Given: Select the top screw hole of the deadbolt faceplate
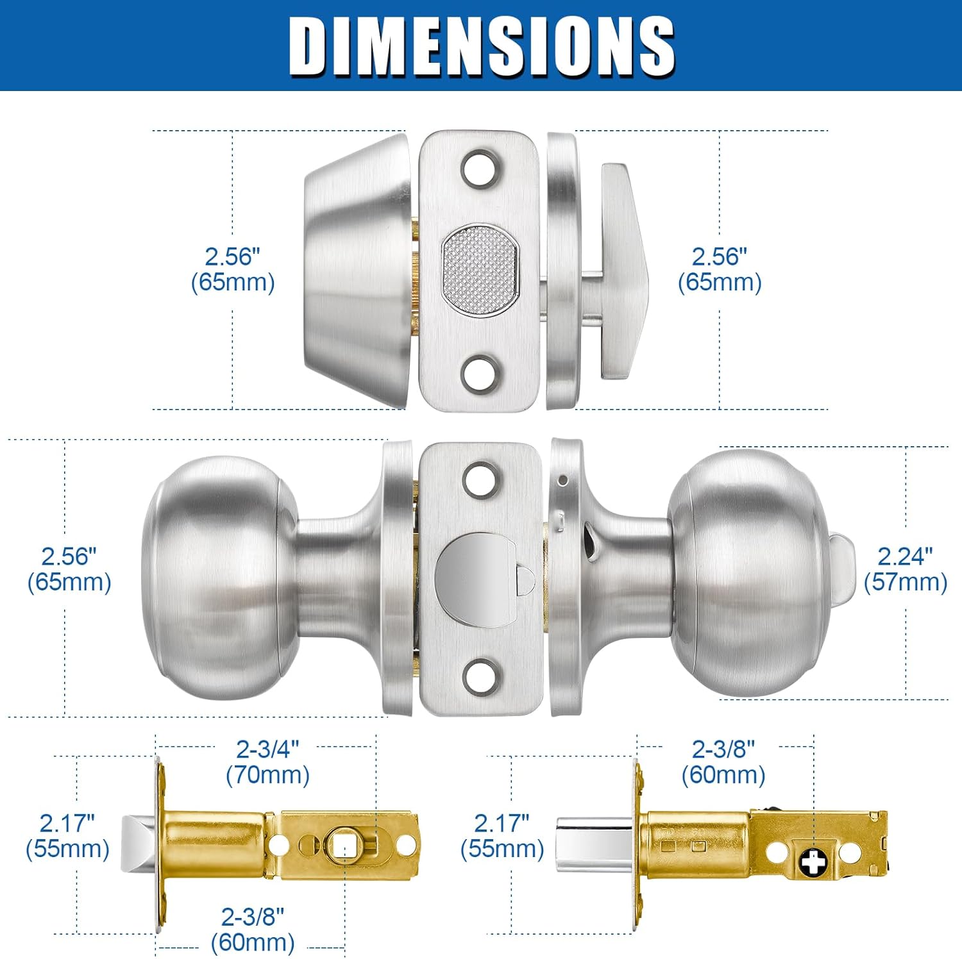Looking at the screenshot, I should [x=480, y=168].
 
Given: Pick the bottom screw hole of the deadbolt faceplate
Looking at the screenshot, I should [x=480, y=374].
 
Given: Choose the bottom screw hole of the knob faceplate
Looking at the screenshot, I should [x=480, y=676].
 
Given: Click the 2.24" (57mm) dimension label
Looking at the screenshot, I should [x=905, y=569].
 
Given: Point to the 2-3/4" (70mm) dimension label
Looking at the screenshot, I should [x=267, y=762].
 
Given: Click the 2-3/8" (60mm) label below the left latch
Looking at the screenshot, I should [x=253, y=930].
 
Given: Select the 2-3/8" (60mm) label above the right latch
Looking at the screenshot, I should [x=723, y=762].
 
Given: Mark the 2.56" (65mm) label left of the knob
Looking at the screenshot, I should [x=69, y=569].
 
